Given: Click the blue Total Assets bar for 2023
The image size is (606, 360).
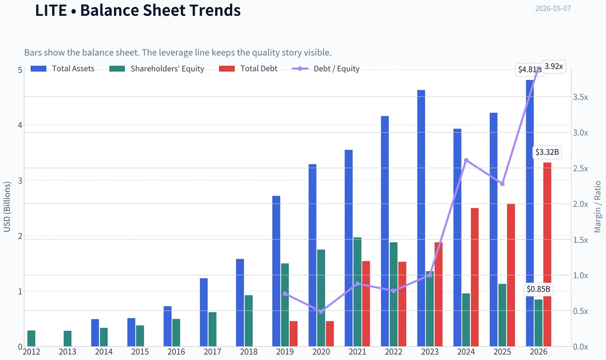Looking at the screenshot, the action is [x=421, y=218].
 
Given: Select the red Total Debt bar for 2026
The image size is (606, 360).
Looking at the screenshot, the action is [x=547, y=254].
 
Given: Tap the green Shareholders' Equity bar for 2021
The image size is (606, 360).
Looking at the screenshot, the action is [x=358, y=292].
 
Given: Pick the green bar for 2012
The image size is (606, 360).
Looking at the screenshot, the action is [x=31, y=338].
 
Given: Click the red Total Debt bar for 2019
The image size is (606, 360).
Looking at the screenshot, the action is [x=293, y=334].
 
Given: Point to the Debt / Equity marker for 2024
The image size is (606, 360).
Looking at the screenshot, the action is [x=466, y=161].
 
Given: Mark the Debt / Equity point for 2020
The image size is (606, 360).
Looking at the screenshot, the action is [x=321, y=312].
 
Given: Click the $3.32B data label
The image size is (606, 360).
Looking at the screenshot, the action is [x=547, y=152].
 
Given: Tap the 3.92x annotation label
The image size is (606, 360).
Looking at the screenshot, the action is [x=553, y=66].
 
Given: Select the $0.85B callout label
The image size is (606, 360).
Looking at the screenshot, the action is [x=538, y=289].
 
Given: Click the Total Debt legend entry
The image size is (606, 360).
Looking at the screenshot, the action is [x=248, y=69].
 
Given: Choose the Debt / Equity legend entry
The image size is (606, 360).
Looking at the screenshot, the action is [x=325, y=69].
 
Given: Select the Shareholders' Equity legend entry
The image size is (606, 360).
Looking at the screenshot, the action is [x=157, y=69].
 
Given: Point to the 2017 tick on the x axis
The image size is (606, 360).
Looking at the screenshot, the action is [x=213, y=352].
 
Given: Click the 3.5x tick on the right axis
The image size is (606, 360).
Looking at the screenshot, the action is [x=580, y=97].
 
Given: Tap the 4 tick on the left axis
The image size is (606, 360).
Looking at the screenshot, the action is [x=20, y=125].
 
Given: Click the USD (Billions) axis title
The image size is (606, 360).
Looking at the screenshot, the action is [x=7, y=207].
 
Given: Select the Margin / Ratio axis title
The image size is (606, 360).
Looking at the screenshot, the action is [x=597, y=207].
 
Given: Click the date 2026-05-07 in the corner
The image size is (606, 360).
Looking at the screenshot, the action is [x=553, y=9].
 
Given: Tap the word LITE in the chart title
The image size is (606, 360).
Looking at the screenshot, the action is [x=51, y=10].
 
